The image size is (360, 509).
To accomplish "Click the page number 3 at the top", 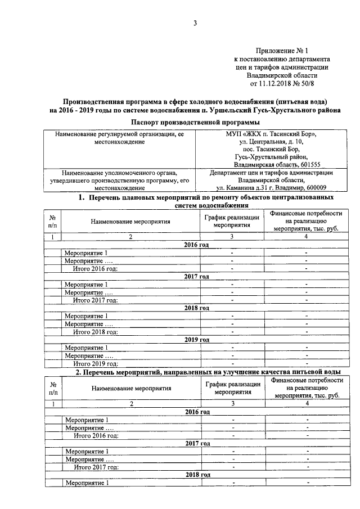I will pyautogui.click(x=195, y=22).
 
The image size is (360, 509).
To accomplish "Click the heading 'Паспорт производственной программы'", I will pyautogui.click(x=195, y=122).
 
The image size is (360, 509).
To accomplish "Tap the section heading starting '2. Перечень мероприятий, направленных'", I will pyautogui.click(x=208, y=372).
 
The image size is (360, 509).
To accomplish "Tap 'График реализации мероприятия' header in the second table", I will pyautogui.click(x=232, y=388).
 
